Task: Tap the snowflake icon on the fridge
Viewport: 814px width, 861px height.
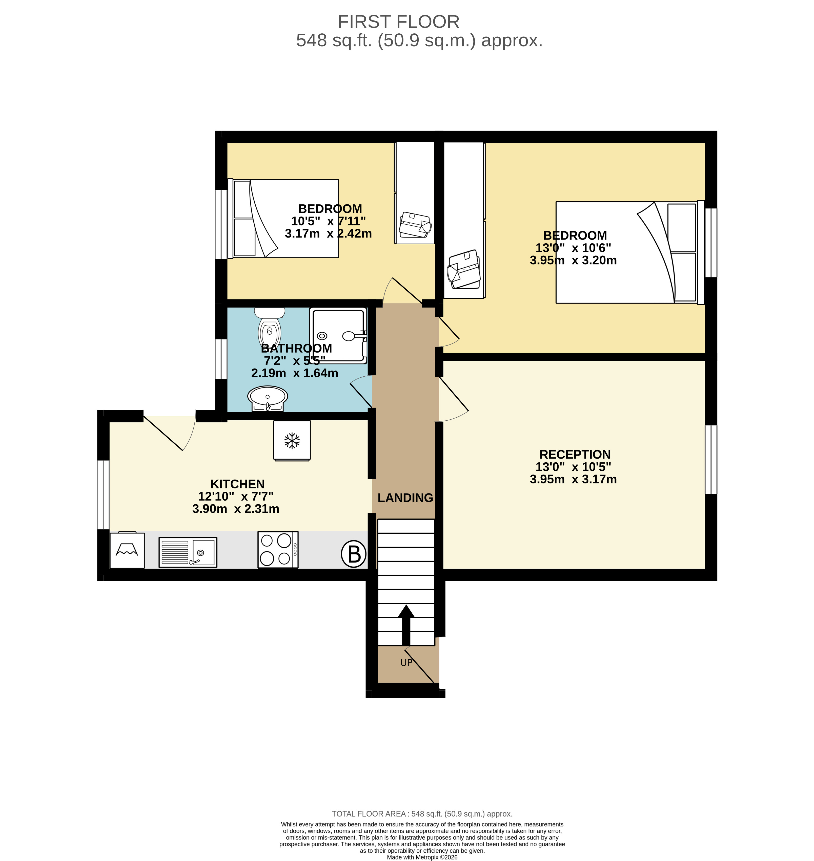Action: (292, 440)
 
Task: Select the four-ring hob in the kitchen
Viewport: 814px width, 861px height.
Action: (278, 549)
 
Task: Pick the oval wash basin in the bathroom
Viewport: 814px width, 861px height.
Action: (267, 398)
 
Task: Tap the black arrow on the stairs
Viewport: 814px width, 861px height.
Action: (406, 625)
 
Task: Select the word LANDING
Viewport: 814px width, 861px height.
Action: (405, 498)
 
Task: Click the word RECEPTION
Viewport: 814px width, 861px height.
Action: (575, 454)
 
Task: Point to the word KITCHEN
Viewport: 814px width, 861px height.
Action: (237, 484)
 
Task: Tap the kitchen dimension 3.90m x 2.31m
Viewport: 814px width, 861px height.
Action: (236, 509)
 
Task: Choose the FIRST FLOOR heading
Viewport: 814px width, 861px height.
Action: (398, 22)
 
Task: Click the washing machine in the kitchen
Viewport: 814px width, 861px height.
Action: (127, 550)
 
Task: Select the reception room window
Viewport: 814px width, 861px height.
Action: (711, 460)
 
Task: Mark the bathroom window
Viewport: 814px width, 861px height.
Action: (221, 359)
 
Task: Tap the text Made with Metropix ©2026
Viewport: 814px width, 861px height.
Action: (422, 857)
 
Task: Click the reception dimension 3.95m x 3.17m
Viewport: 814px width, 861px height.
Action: (573, 479)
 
